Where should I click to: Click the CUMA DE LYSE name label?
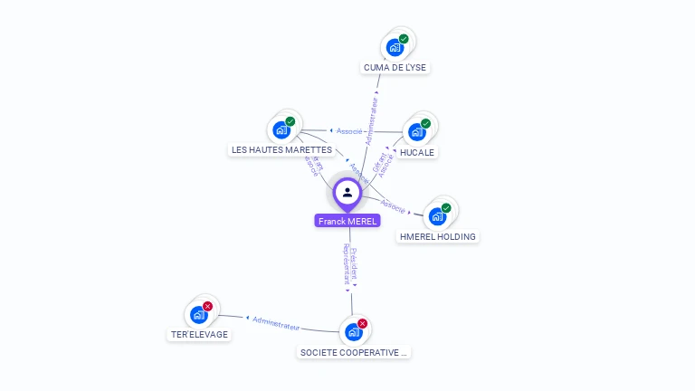pos(395,67)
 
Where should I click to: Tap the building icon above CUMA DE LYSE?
pos(395,47)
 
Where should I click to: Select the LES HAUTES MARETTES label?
pos(281,149)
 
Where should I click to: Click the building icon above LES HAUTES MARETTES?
pos(281,129)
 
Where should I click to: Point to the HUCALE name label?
pos(417,152)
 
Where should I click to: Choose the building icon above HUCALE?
pos(416,132)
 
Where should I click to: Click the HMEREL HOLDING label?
pos(438,236)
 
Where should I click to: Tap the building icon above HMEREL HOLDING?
pos(437,216)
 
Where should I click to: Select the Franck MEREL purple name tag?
pos(347,221)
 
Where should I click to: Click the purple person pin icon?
pos(347,193)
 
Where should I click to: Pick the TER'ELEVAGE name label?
pos(200,334)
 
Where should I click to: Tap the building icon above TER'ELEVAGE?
pos(199,315)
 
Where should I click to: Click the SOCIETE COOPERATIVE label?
pos(354,352)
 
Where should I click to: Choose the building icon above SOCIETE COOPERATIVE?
pos(353,332)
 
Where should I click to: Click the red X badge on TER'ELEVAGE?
pos(208,307)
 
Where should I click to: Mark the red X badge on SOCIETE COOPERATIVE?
pos(362,323)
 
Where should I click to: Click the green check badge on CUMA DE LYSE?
pos(404,39)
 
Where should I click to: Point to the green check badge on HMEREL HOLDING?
pos(446,208)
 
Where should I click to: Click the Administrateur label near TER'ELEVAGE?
pos(276,321)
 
